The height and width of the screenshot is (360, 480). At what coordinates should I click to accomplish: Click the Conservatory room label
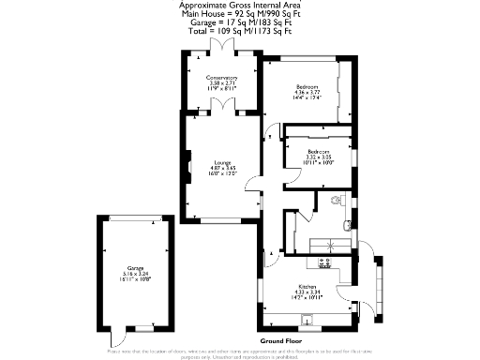pyautogui.click(x=223, y=77)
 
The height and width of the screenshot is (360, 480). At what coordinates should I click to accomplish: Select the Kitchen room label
pyautogui.click(x=308, y=285)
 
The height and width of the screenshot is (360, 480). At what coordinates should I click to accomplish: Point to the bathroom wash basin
pyautogui.click(x=349, y=223)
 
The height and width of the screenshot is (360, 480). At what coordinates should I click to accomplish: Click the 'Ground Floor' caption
pyautogui.click(x=280, y=339)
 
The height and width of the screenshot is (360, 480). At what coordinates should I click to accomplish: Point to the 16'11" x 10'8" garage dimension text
pyautogui.click(x=126, y=279)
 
